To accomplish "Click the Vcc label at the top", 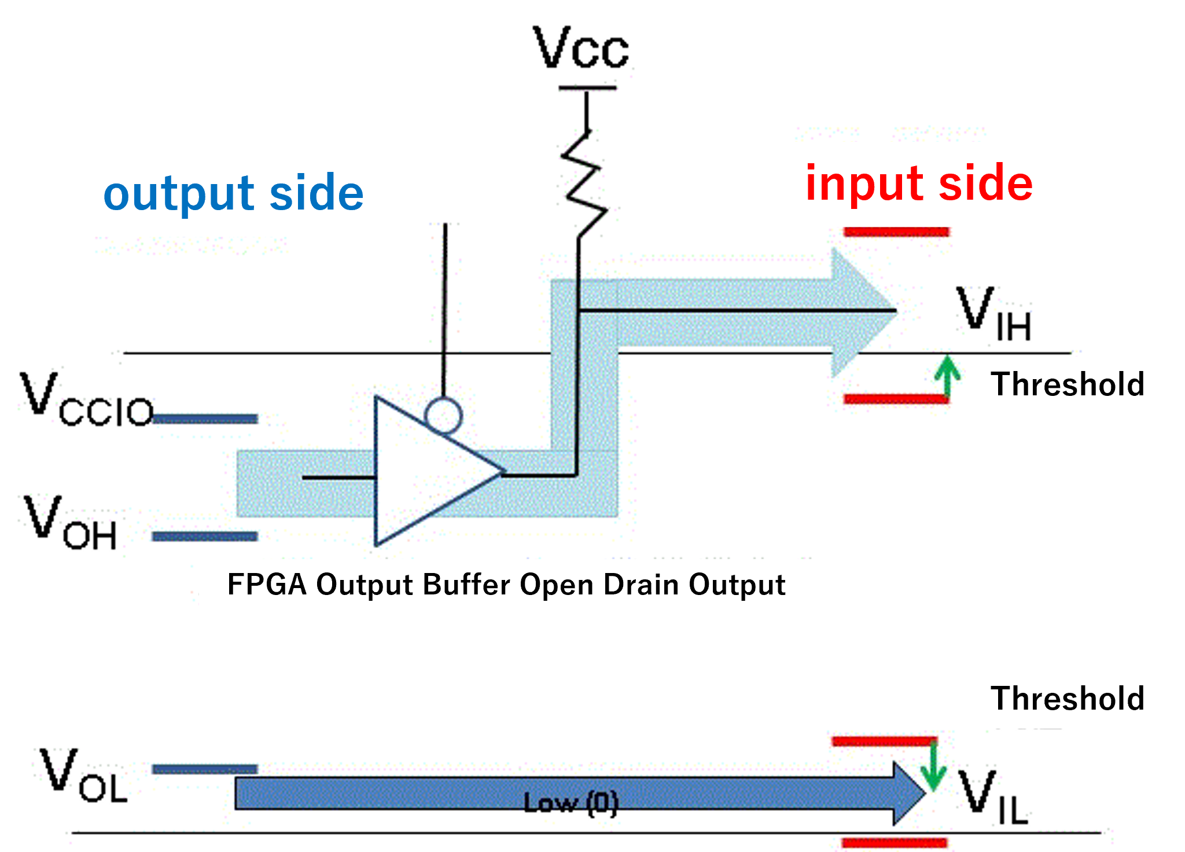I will [x=581, y=49].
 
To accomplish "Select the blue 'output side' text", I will [x=233, y=193].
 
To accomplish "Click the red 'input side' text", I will [x=919, y=183].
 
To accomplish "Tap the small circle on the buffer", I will [x=443, y=415].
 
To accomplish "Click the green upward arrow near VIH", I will [x=947, y=376].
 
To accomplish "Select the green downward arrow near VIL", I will [x=933, y=766].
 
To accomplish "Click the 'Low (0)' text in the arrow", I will [x=571, y=803].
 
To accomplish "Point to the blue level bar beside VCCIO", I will [x=205, y=418].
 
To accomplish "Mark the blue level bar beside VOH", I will [x=204, y=537].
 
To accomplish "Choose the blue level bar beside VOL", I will [x=204, y=769].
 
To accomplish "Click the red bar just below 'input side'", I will [x=896, y=232].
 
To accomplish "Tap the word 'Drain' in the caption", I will [x=642, y=585].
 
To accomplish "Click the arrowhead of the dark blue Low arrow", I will [x=908, y=793].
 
